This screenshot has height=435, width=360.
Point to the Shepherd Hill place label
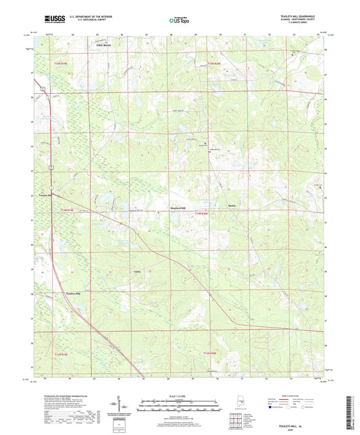click(x=177, y=208)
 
